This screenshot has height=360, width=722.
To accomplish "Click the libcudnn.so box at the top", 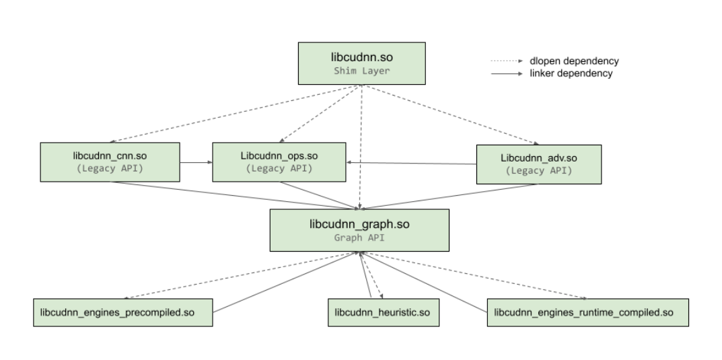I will click(x=362, y=63).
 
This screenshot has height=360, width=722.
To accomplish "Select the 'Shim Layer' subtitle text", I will click(x=362, y=71).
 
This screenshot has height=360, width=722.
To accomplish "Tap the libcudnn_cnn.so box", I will click(x=110, y=162).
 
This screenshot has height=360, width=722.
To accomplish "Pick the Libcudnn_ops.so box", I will click(x=279, y=161).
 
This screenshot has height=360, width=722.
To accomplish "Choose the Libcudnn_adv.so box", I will click(x=539, y=164).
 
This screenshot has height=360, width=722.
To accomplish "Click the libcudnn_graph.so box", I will click(x=359, y=230).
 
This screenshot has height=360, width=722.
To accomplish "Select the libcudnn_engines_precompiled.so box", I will click(x=123, y=313).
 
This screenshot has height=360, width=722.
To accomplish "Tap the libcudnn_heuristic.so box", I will click(x=382, y=313).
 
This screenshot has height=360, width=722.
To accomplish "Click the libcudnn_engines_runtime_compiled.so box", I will click(x=587, y=313).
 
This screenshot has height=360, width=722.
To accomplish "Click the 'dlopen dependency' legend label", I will click(x=574, y=61).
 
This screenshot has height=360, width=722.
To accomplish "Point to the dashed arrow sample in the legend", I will click(x=507, y=61).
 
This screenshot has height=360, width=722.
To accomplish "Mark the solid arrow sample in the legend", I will click(x=507, y=73).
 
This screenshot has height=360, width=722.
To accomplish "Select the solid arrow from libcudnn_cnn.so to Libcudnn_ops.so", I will click(x=196, y=162).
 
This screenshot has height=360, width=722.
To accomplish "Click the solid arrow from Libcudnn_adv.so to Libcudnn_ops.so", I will click(x=411, y=163).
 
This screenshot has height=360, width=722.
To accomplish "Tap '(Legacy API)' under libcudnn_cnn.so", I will click(x=110, y=168).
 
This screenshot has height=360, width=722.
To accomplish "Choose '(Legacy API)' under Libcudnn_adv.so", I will click(x=539, y=170).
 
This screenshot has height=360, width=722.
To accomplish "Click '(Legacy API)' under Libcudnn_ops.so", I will click(x=279, y=168).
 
